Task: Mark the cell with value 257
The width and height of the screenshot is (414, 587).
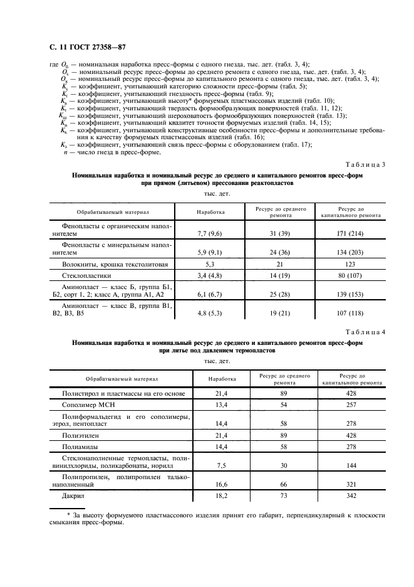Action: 351,405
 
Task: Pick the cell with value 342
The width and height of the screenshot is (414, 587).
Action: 351,495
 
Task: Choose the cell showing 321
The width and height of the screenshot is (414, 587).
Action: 351,484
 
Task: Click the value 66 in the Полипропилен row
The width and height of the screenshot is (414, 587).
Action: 284,484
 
